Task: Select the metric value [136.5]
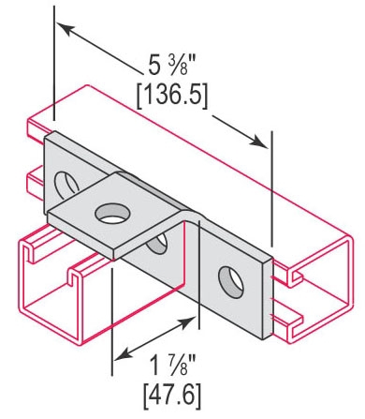coord(172,97)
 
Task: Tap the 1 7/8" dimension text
coord(172,366)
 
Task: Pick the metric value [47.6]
coord(172,397)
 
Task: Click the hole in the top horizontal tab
coord(112,213)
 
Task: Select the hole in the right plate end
coord(231,282)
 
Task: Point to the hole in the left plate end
coord(66,185)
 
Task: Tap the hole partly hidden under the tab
coord(157,244)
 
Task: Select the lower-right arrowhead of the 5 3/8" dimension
coord(259,142)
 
